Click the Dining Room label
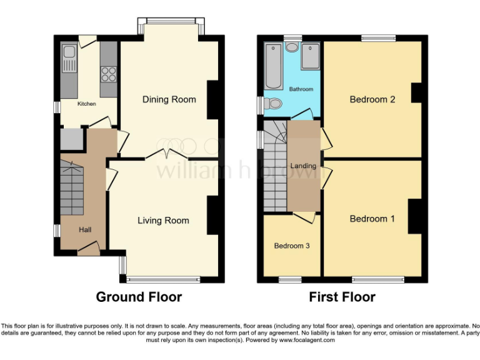(169, 99)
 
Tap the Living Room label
(163, 220)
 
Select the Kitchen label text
(86, 104)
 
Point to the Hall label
(85, 230)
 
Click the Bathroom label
(301, 89)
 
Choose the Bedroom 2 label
(372, 99)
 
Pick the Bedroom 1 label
(372, 219)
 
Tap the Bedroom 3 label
(292, 246)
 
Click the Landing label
(303, 165)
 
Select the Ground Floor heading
(139, 297)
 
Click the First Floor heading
(342, 297)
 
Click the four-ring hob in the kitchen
(108, 74)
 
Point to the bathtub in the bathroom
(273, 66)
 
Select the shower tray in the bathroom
(310, 57)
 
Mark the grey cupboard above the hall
(72, 139)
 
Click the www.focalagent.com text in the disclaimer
(306, 341)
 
